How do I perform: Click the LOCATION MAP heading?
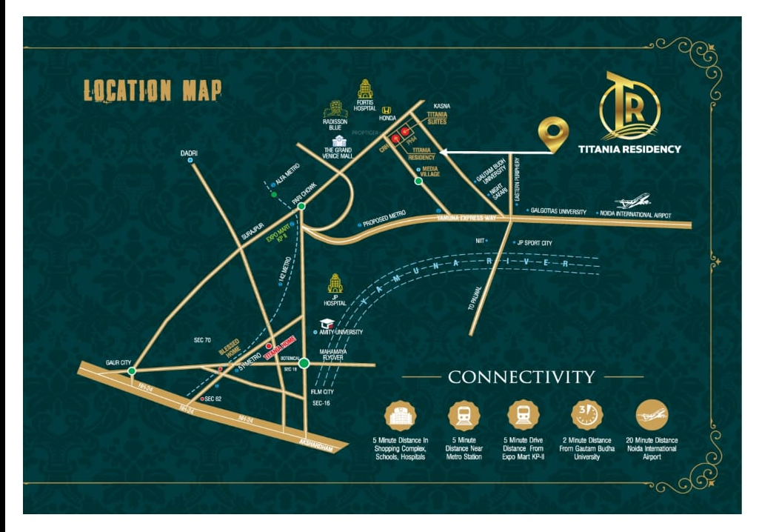(x=153, y=91)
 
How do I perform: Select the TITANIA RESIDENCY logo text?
(x=629, y=149)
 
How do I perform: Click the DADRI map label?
(x=190, y=153)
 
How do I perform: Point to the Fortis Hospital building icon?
(x=365, y=89)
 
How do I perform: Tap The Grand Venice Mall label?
(x=339, y=154)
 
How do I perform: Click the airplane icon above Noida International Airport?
(x=633, y=202)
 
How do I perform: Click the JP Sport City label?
(x=535, y=242)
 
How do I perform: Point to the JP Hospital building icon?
(x=335, y=283)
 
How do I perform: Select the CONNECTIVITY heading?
(x=521, y=377)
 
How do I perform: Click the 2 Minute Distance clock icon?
(x=586, y=415)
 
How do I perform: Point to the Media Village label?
(x=430, y=172)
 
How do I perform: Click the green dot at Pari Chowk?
(x=301, y=206)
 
